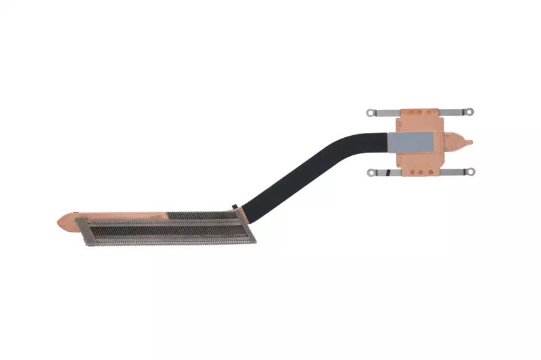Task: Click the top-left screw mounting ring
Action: coord(371,112)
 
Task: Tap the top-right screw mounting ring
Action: coord(469,112)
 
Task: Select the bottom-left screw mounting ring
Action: coord(371,172)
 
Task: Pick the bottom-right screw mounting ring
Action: coord(469,172)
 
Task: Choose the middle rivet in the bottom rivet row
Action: coord(419,172)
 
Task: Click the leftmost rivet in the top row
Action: coord(411,112)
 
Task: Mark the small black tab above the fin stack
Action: coord(234,204)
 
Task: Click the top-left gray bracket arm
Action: coord(386,112)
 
